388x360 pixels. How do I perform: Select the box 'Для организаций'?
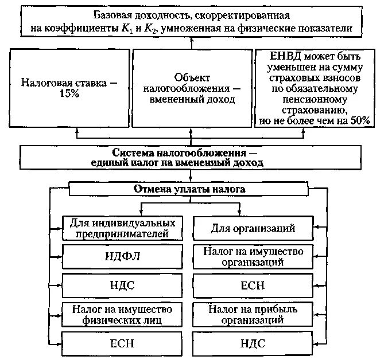[253, 229]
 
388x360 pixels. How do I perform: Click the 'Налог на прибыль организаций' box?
[253, 315]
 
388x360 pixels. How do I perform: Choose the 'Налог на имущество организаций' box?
[253, 256]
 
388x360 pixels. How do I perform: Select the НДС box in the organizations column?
[253, 344]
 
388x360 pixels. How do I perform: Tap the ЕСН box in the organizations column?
[253, 285]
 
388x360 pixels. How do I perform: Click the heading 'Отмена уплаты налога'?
[189, 189]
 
